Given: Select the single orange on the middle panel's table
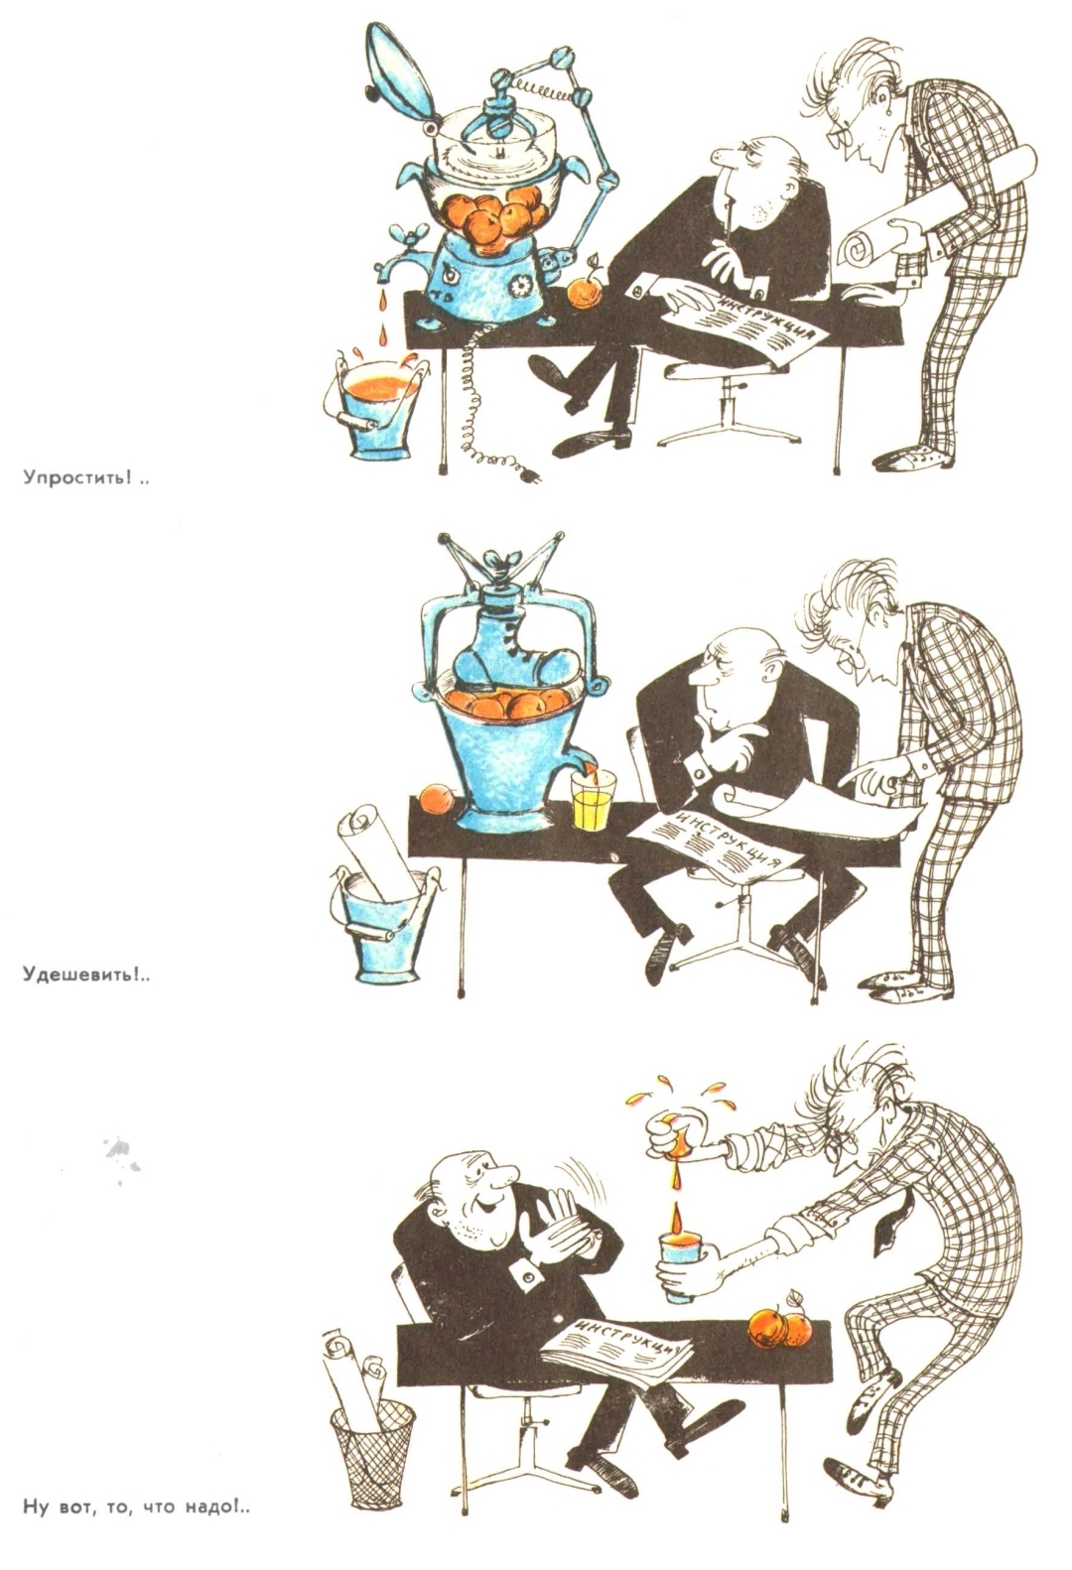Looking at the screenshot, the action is [x=437, y=800].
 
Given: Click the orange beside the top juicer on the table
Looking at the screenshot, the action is [x=586, y=291].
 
